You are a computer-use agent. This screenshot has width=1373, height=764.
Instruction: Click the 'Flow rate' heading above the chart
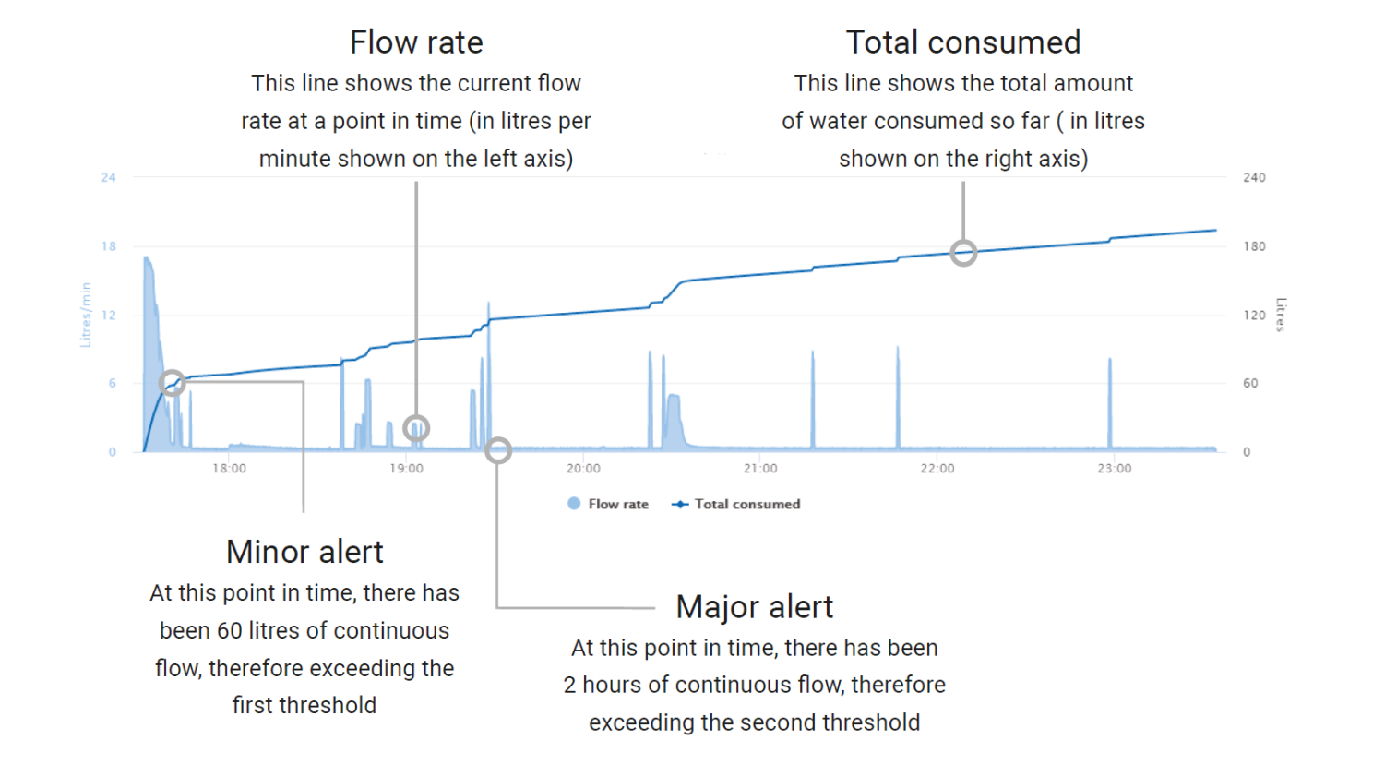pyautogui.click(x=416, y=42)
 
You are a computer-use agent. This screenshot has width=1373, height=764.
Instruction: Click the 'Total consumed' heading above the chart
pyautogui.click(x=963, y=42)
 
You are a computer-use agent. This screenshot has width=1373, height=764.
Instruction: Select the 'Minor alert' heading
pyautogui.click(x=304, y=552)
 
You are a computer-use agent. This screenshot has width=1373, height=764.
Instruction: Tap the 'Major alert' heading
pyautogui.click(x=755, y=607)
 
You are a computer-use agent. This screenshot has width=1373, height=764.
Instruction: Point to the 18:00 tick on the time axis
pyautogui.click(x=229, y=469)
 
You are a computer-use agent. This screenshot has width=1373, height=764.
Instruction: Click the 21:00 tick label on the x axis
pyautogui.click(x=760, y=469)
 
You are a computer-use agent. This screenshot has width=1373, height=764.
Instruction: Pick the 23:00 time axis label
pyautogui.click(x=1115, y=469)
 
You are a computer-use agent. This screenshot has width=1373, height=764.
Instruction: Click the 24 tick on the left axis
pyautogui.click(x=109, y=177)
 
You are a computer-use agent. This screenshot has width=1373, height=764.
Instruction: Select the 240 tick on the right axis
pyautogui.click(x=1254, y=177)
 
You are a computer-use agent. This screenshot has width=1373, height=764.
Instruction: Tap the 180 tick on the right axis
pyautogui.click(x=1254, y=246)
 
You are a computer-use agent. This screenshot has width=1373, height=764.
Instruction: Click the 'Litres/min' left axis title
pyautogui.click(x=86, y=315)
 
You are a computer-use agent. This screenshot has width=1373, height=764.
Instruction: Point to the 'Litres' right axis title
pyautogui.click(x=1281, y=315)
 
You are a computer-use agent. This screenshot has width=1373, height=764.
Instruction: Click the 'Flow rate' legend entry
pyautogui.click(x=607, y=504)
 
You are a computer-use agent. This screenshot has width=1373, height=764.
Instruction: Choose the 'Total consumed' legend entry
pyautogui.click(x=736, y=504)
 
